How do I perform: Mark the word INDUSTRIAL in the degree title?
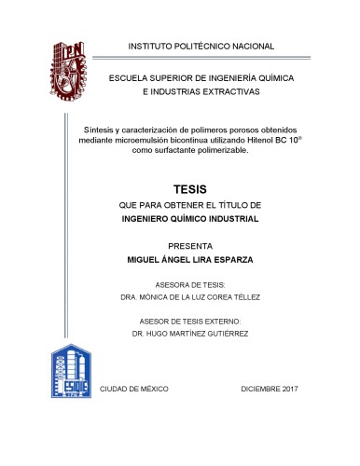[x=233, y=219]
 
